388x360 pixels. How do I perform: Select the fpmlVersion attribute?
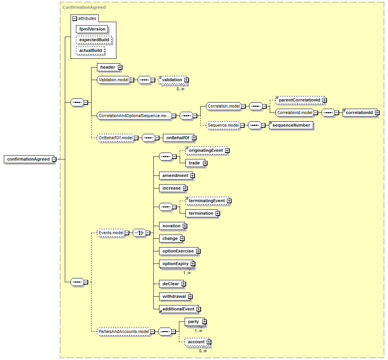click(92, 29)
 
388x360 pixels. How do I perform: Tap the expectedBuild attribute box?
click(94, 40)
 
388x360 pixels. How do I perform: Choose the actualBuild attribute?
click(90, 50)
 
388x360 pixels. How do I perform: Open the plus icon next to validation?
click(186, 80)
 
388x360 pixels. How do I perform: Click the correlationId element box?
click(361, 112)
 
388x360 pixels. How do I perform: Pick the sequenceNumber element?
click(291, 125)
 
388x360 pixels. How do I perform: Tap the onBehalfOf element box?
click(179, 138)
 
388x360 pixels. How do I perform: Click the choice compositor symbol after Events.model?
click(139, 233)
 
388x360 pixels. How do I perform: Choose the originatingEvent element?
click(208, 150)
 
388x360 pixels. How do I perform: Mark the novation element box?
click(173, 226)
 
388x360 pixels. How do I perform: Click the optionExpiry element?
click(177, 264)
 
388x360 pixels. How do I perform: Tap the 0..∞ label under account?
click(203, 351)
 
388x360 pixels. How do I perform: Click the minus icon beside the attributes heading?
click(75, 19)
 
